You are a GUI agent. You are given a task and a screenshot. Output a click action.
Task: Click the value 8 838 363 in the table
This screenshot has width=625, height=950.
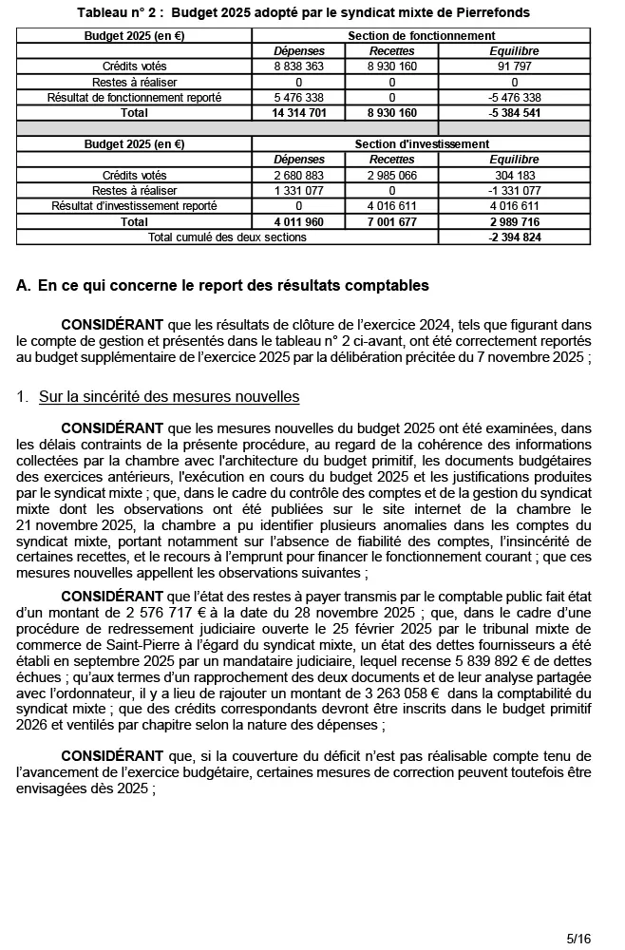point(299,66)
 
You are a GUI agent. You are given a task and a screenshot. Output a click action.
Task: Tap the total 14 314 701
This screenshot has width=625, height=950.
point(299,112)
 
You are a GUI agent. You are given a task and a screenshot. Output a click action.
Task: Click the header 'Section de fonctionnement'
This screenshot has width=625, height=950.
point(421,35)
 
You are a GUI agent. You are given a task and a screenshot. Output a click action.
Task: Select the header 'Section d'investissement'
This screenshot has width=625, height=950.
point(421,144)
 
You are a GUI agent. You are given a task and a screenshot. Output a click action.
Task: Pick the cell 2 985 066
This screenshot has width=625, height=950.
point(391,176)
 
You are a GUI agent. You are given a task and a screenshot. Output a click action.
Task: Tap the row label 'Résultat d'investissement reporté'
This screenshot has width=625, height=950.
point(134,206)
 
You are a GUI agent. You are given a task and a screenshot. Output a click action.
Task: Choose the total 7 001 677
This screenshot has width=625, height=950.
point(391,221)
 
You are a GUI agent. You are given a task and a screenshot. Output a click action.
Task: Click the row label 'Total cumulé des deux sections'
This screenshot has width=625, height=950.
point(227,237)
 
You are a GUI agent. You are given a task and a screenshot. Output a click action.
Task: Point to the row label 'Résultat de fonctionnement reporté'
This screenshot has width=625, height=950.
point(134,97)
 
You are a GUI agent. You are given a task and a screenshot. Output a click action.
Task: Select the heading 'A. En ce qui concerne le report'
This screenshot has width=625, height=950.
point(223,285)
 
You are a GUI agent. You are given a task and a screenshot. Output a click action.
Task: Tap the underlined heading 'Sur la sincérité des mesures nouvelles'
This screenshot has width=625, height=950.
point(169,396)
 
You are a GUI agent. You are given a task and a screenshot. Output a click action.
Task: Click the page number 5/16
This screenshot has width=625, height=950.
point(578,938)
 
